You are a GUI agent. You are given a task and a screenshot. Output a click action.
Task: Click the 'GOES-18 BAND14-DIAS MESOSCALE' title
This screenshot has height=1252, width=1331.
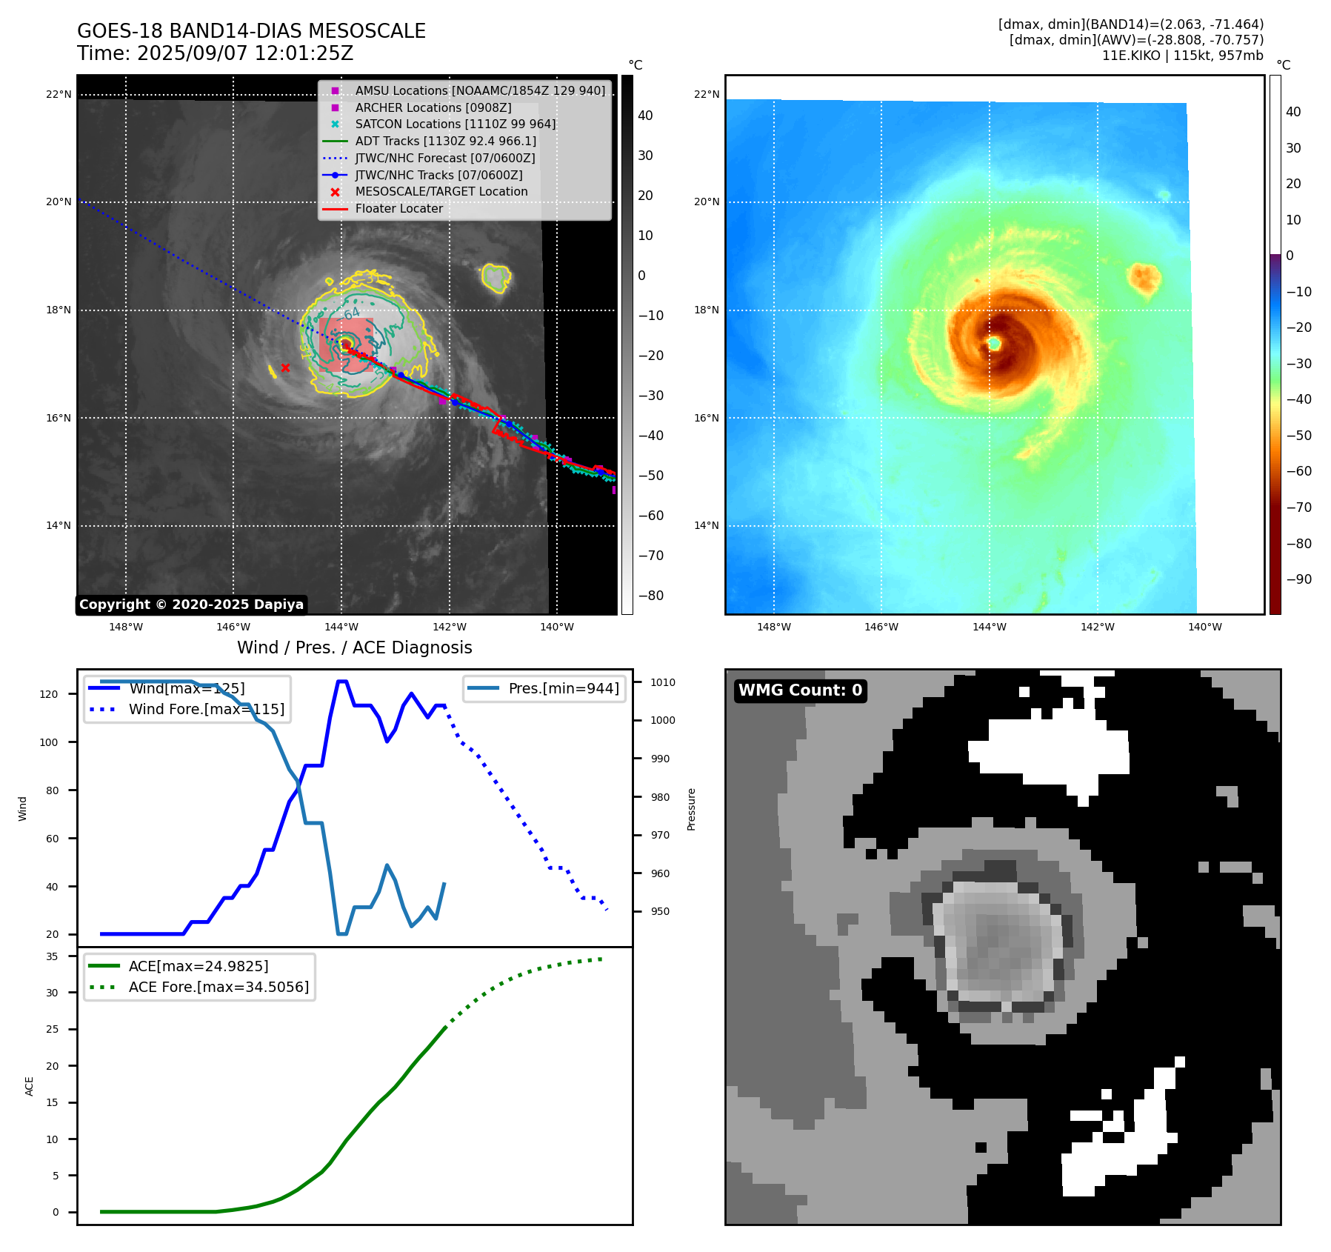pos(251,31)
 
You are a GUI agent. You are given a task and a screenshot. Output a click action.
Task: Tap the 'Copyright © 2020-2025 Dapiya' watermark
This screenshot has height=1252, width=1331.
pos(191,605)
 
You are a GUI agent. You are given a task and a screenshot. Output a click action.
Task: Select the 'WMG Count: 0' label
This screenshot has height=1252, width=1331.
pos(800,690)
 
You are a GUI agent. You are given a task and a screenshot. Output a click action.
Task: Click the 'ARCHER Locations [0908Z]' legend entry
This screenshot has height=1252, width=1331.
pos(433,107)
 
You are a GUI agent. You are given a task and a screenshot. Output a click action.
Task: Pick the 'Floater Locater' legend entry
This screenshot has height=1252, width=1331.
pos(398,208)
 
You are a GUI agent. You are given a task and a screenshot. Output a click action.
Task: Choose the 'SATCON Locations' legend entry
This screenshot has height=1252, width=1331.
pos(455,124)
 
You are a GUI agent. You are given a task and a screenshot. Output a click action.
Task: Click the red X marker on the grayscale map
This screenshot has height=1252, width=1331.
pos(285,367)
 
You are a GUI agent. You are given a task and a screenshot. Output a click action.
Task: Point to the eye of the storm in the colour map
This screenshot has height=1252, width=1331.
pos(994,343)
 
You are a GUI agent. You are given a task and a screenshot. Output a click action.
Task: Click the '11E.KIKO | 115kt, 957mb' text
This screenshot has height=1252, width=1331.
pos(1182,56)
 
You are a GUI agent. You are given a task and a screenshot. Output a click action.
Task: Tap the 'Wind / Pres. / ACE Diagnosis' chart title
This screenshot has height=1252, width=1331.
pos(354,647)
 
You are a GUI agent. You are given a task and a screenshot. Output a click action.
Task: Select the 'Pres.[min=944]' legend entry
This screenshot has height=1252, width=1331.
pos(563,688)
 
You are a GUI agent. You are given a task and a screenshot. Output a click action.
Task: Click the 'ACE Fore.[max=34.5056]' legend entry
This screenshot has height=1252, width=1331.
pos(219,987)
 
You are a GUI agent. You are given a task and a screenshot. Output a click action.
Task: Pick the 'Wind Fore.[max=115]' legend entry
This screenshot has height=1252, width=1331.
pos(206,709)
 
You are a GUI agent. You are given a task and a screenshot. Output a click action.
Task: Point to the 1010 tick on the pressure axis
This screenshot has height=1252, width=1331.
pos(663,682)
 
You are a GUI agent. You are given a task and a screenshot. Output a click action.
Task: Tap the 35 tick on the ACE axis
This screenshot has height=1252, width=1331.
pos(52,956)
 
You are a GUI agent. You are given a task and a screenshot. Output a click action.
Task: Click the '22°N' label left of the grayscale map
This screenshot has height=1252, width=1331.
pos(59,94)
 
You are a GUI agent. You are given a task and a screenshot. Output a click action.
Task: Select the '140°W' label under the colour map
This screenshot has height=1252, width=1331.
pos(1204,627)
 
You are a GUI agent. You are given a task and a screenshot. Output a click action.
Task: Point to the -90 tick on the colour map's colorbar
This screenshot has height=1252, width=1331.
pos(1298,579)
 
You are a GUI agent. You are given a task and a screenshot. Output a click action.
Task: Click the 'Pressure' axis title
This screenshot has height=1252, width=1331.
pos(691,809)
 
